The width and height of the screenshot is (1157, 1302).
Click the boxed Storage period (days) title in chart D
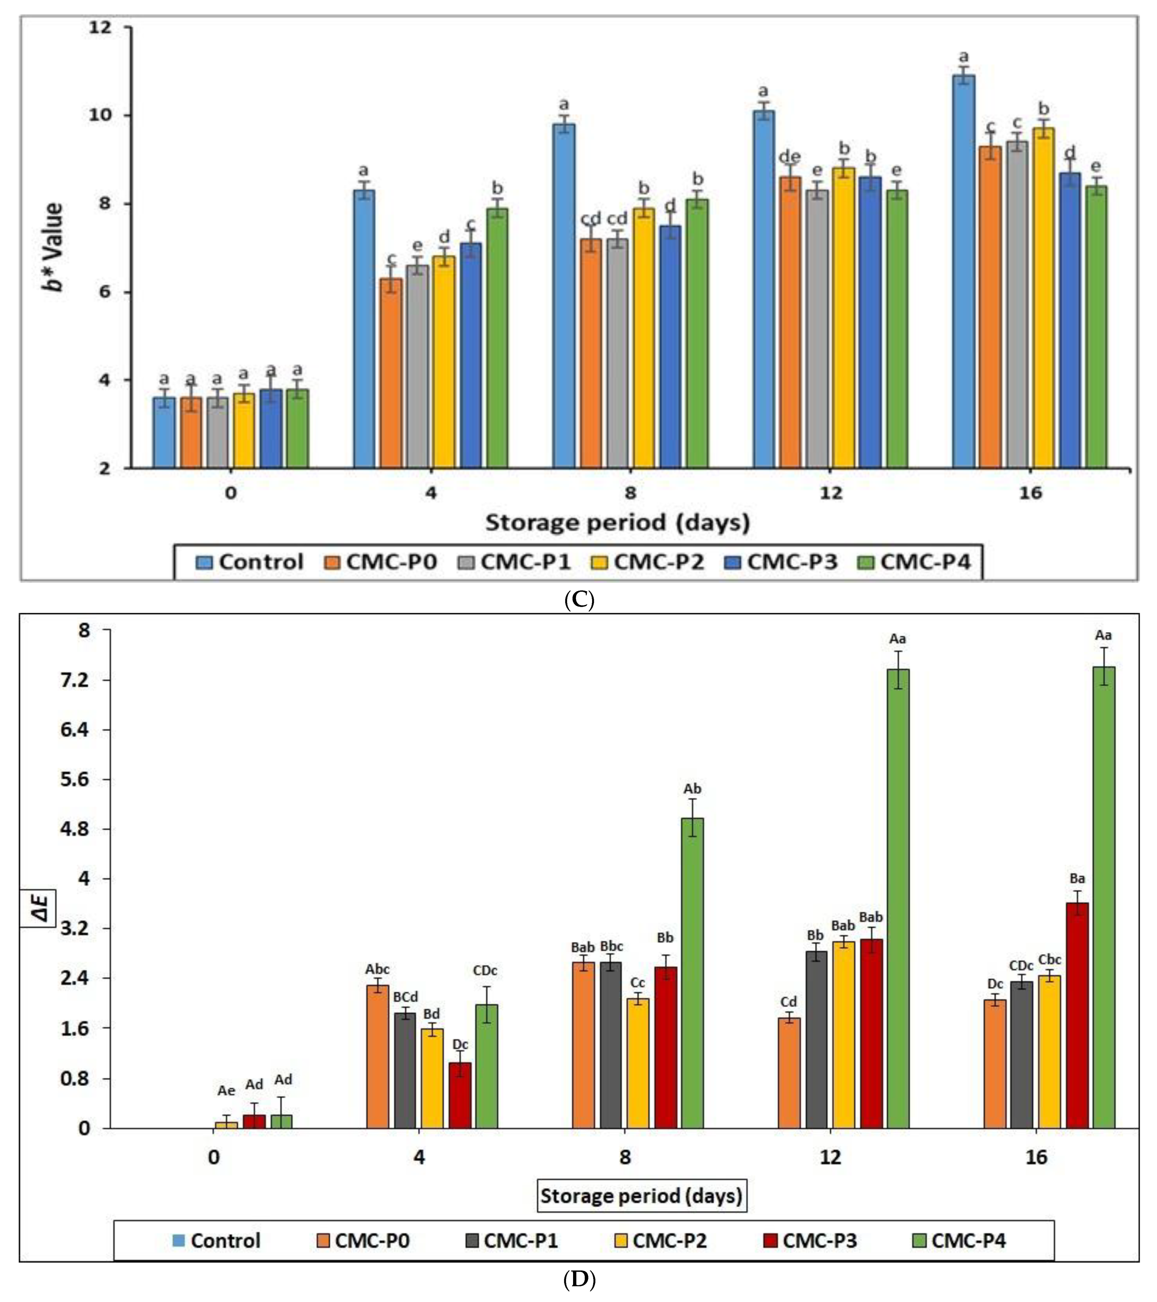(x=641, y=1196)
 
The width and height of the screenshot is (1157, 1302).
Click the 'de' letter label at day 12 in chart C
(x=789, y=157)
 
